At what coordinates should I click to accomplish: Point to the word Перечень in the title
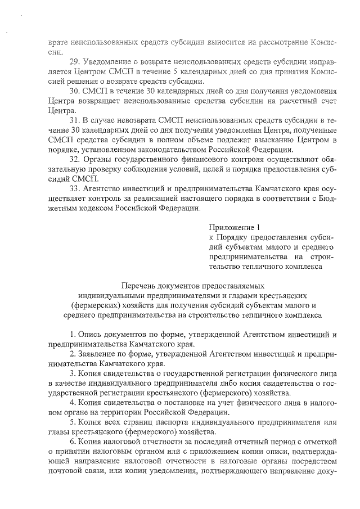139,286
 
